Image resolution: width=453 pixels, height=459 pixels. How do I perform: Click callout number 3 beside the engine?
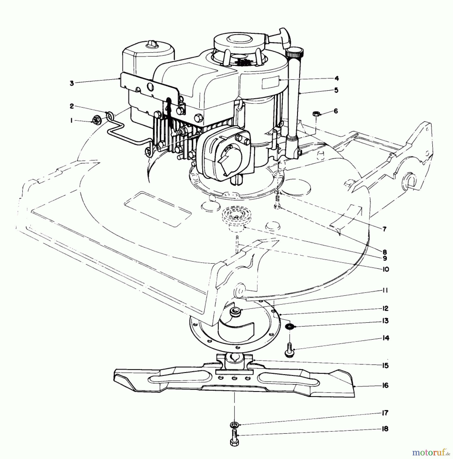click(x=72, y=83)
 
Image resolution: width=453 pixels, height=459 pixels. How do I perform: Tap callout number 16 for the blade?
click(x=385, y=385)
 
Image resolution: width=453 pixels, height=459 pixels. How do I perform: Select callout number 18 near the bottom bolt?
click(x=385, y=429)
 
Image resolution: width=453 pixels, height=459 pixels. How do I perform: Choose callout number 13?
click(x=385, y=321)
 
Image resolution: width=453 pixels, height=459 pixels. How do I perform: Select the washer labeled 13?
click(x=290, y=326)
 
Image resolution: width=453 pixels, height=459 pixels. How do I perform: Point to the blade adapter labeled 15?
click(x=234, y=362)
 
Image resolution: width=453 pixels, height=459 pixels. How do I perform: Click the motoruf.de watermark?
click(x=431, y=452)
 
